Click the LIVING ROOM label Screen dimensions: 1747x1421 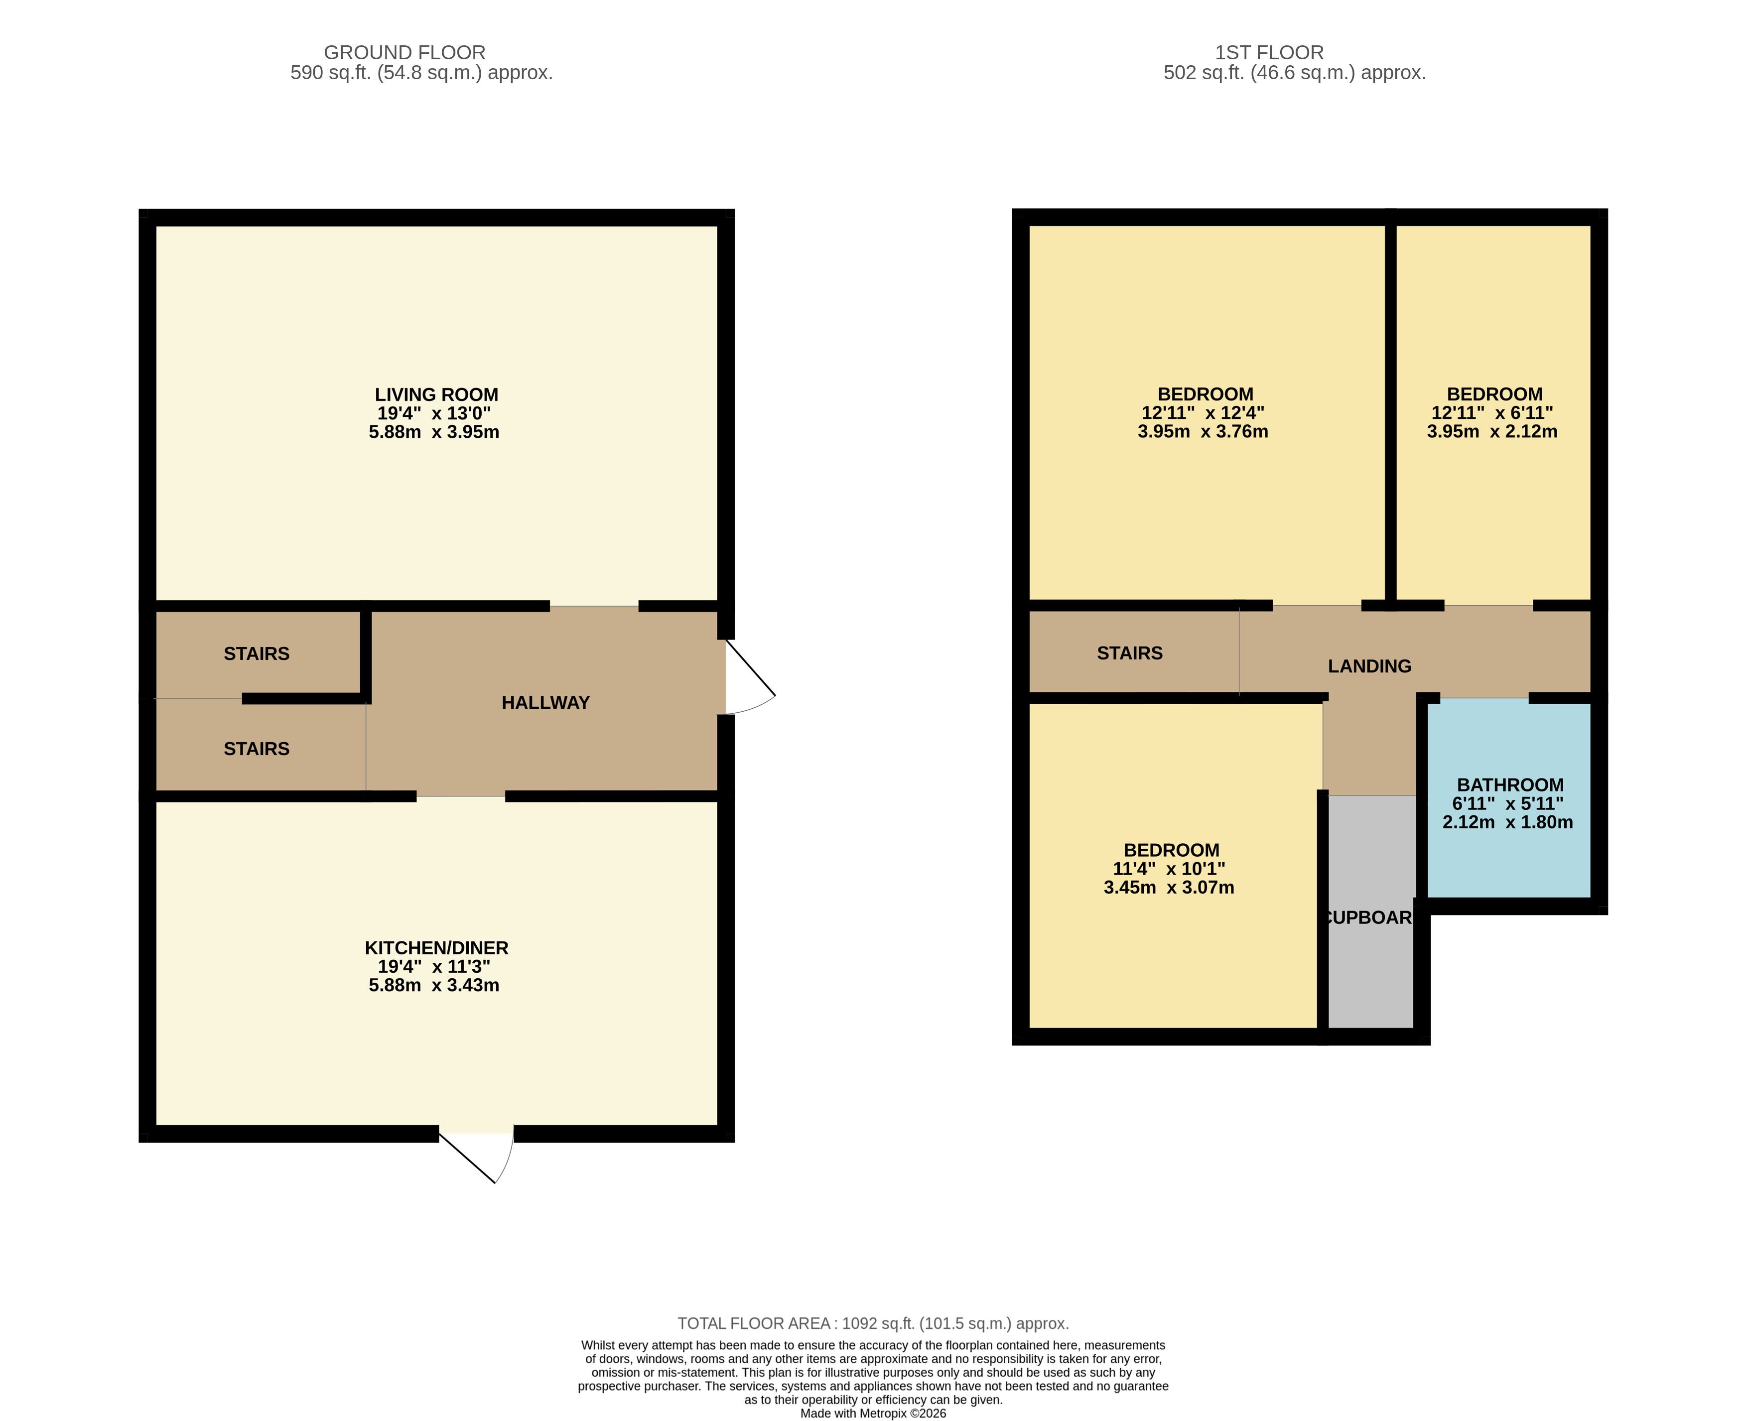tap(436, 394)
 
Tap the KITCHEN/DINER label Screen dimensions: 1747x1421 tap(436, 948)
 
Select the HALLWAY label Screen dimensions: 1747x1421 tap(545, 702)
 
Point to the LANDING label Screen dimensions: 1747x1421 tap(1369, 666)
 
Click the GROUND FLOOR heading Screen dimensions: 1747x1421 tap(404, 52)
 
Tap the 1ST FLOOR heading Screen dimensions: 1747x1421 tap(1269, 52)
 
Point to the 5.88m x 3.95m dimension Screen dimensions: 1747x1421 tap(434, 432)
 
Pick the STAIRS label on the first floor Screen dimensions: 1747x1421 tap(1130, 653)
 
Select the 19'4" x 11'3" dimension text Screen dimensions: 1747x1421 tap(434, 967)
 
